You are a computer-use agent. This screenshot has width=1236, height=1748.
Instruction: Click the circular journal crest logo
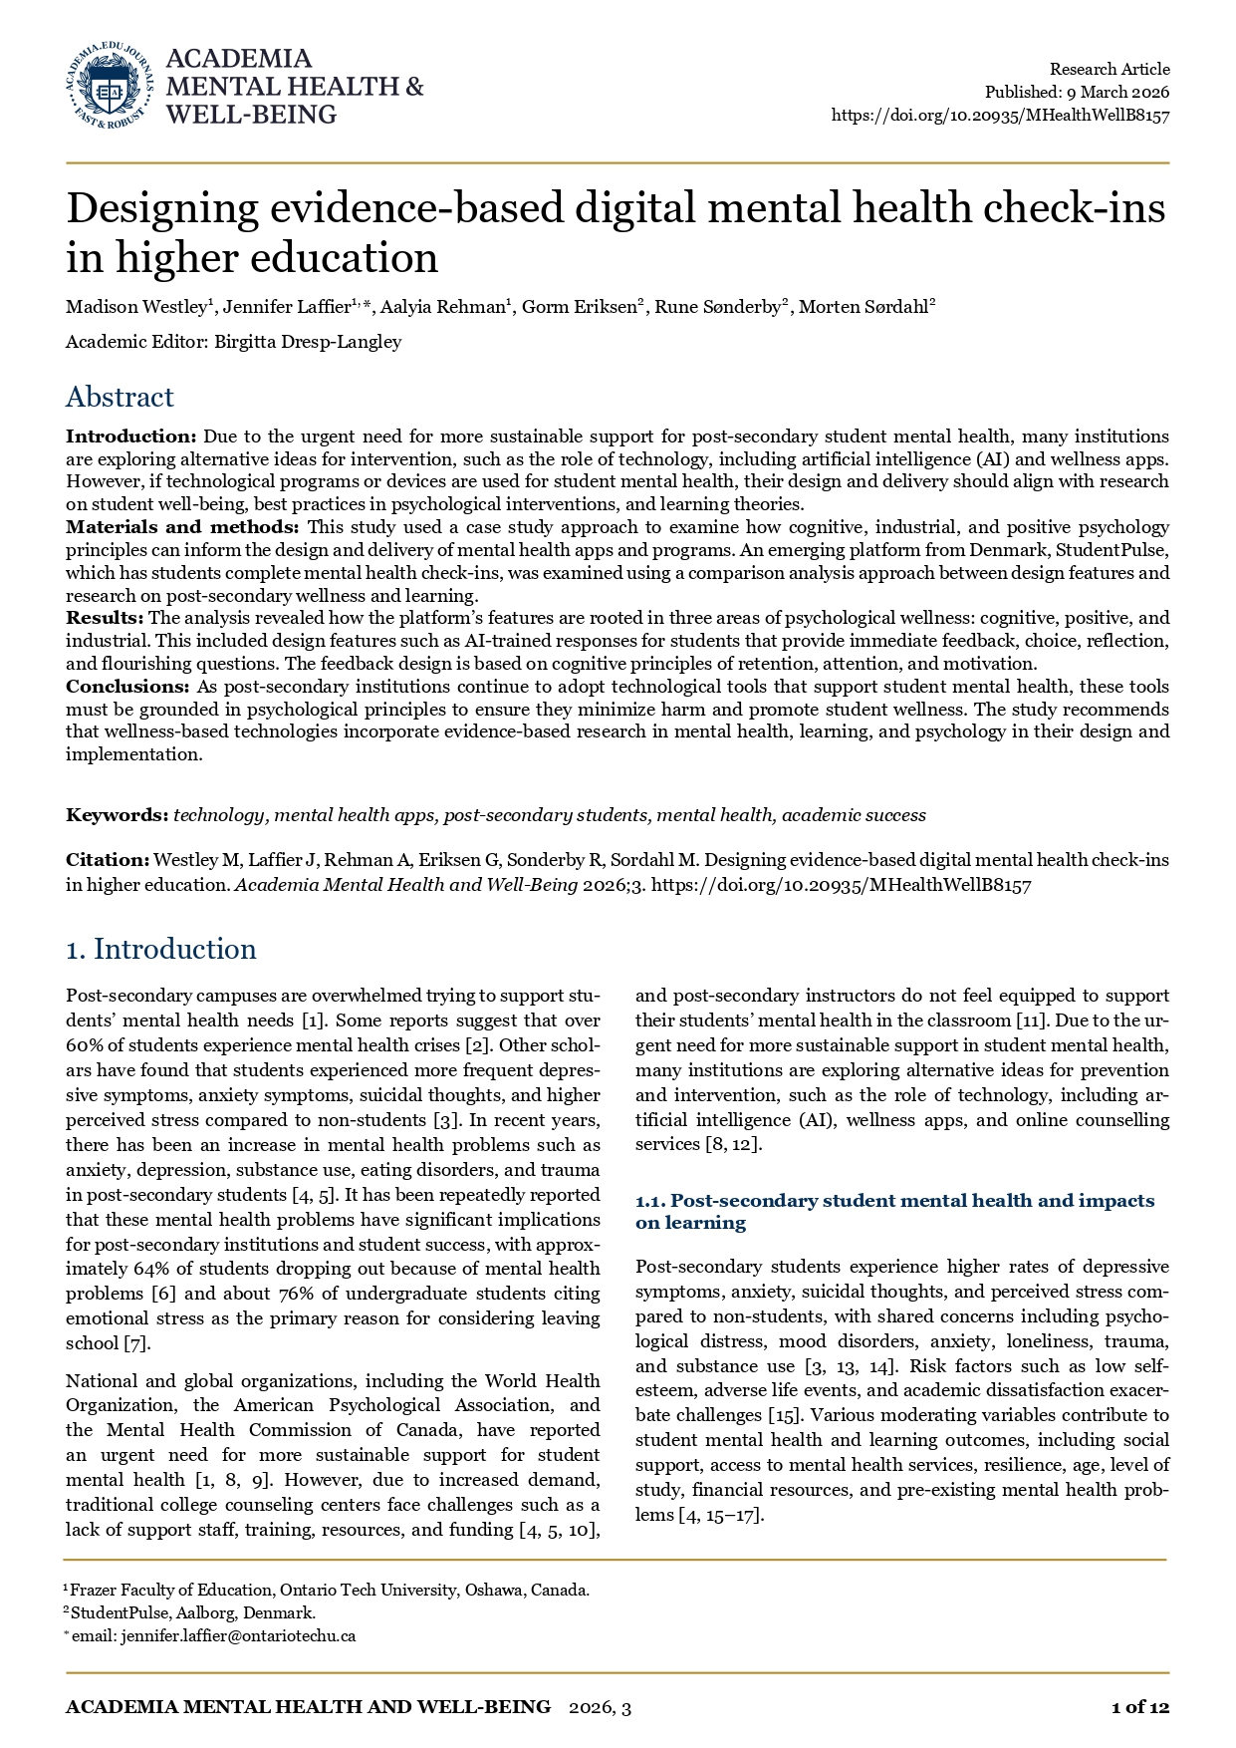pos(110,87)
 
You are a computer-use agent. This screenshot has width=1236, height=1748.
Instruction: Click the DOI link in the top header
pos(1000,115)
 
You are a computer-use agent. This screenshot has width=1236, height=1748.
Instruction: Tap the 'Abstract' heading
pos(120,397)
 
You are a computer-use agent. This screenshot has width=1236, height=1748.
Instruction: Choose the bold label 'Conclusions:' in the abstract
pos(127,687)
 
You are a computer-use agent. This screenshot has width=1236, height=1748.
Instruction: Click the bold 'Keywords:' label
pos(117,815)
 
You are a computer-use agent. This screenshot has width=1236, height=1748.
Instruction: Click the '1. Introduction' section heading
pos(161,949)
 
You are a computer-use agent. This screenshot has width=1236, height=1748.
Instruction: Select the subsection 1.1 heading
pos(894,1211)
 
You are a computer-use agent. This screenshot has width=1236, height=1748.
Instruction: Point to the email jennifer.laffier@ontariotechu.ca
pos(238,1635)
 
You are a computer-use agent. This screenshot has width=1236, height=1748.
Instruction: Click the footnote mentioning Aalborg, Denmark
pos(192,1612)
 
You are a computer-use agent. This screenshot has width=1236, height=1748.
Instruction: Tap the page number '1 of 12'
pos(1139,1707)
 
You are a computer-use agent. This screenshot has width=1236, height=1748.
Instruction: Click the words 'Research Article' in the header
pos(1110,69)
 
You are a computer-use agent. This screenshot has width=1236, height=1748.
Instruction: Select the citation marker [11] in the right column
pos(1028,1020)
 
